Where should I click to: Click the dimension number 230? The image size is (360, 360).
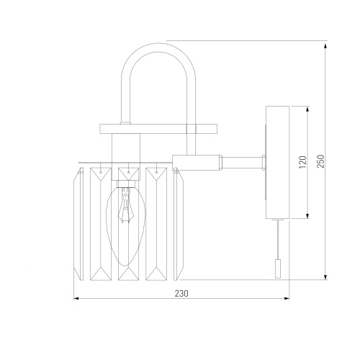181,293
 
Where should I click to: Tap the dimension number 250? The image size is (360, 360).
321,161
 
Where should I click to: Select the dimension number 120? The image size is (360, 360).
303,162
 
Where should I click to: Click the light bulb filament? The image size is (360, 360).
125,206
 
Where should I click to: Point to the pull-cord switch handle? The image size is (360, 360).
278,269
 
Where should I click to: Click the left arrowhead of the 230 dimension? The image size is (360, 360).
76,298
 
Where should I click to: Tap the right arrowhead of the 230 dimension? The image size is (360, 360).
287,298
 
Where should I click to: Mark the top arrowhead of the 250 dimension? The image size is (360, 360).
325,46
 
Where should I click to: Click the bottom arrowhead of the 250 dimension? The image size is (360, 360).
325,277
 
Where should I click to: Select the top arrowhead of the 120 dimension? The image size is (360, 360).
307,109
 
